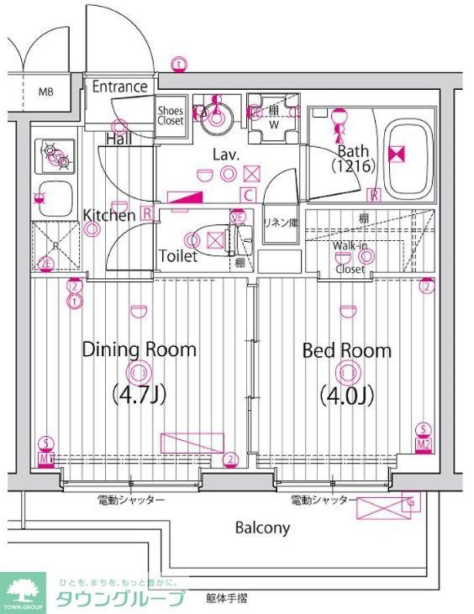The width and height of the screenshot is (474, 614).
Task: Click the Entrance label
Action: tap(119, 87)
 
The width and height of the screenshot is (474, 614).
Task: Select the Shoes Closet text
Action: tap(171, 115)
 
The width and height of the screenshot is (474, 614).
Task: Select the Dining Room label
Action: tap(139, 349)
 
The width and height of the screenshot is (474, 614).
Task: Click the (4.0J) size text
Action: tap(346, 394)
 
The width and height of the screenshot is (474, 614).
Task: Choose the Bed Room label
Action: tap(346, 349)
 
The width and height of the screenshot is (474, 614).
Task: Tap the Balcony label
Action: tap(262, 527)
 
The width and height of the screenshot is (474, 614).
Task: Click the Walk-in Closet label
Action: tap(350, 257)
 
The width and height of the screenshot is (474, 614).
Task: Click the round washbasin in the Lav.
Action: tap(215, 117)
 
